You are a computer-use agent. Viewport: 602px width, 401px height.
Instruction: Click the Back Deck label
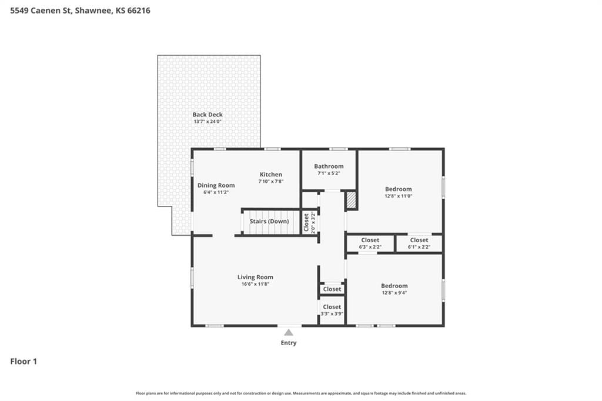pyautogui.click(x=208, y=115)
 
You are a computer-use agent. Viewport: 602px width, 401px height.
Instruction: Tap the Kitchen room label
pyautogui.click(x=270, y=175)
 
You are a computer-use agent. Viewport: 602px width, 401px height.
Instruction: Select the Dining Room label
pyautogui.click(x=216, y=186)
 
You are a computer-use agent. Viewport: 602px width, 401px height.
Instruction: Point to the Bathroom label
pyautogui.click(x=329, y=166)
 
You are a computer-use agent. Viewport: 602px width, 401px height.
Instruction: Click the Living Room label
pyautogui.click(x=255, y=278)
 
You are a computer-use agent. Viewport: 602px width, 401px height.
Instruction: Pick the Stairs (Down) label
pyautogui.click(x=269, y=221)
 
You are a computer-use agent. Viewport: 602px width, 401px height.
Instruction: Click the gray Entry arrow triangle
pyautogui.click(x=289, y=332)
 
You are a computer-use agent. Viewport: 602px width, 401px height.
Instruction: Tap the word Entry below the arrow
pyautogui.click(x=289, y=343)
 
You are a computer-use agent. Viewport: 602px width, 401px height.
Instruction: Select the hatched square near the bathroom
pyautogui.click(x=352, y=200)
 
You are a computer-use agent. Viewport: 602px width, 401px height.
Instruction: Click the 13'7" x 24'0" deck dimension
pyautogui.click(x=208, y=122)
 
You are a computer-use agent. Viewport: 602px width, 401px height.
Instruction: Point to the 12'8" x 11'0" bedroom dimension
pyautogui.click(x=399, y=196)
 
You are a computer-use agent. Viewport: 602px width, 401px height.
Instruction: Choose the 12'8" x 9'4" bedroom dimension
pyautogui.click(x=394, y=293)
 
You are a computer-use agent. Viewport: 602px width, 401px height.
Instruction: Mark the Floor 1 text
pyautogui.click(x=24, y=362)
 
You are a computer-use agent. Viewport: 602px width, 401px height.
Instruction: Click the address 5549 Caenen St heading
pyautogui.click(x=41, y=11)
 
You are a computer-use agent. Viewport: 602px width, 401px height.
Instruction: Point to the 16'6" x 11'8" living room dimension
pyautogui.click(x=255, y=284)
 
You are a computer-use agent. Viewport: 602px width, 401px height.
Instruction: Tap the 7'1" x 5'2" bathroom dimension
pyautogui.click(x=329, y=173)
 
